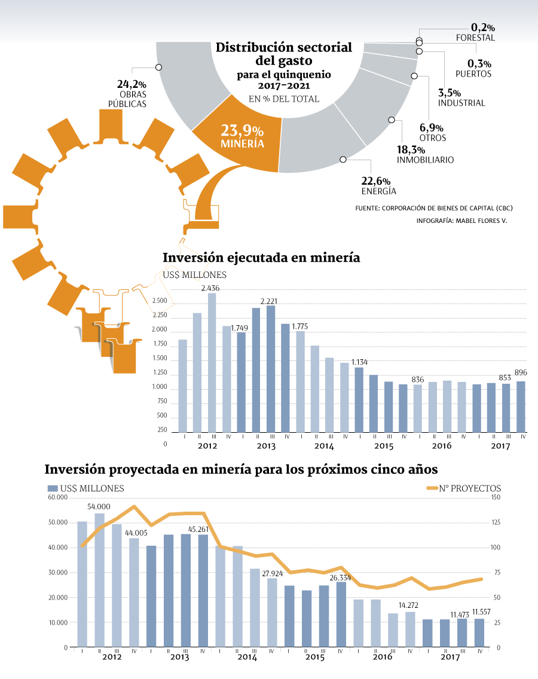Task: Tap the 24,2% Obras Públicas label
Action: [x=129, y=93]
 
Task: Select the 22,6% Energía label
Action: [x=378, y=186]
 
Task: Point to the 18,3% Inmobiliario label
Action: [x=425, y=155]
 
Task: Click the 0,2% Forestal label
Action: [x=476, y=32]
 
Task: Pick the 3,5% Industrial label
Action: [x=461, y=98]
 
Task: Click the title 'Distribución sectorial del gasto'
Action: [x=284, y=53]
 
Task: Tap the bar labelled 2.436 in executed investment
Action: [x=212, y=362]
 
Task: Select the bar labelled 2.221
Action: [x=271, y=369]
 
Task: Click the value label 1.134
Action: [x=359, y=362]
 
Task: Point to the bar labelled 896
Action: [x=521, y=406]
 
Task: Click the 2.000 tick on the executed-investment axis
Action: [x=160, y=329]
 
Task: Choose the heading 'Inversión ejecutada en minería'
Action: [x=261, y=258]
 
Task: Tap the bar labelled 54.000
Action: [x=100, y=580]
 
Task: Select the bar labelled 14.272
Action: [x=410, y=629]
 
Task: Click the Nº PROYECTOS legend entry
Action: [x=463, y=488]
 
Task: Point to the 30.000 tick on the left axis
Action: [x=58, y=573]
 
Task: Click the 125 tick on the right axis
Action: [x=495, y=522]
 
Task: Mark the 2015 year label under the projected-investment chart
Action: [x=315, y=657]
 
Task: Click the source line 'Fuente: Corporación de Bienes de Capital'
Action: [x=434, y=208]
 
